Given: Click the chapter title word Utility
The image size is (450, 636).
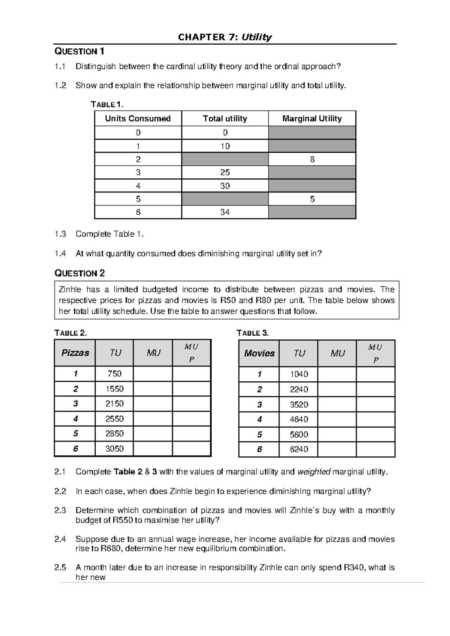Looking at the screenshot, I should [x=256, y=37].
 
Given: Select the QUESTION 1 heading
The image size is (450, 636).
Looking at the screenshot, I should [x=79, y=51].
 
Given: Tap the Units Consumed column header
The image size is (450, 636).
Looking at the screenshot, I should [x=138, y=118].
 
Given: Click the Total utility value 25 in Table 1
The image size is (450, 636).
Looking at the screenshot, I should [x=225, y=172].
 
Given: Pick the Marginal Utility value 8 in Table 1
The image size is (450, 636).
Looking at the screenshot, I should [x=312, y=159].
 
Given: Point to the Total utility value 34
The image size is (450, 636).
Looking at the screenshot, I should [x=225, y=212].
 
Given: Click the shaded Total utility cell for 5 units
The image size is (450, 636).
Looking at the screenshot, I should [x=225, y=199].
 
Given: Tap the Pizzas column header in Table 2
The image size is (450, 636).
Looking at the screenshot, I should [x=75, y=353].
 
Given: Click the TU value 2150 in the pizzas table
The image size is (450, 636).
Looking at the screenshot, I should [x=114, y=404].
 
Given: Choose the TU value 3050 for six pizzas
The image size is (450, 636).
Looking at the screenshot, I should [x=114, y=449].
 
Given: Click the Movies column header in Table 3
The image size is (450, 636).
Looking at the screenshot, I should [x=259, y=353].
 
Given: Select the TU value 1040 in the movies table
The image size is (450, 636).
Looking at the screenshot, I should [x=299, y=374].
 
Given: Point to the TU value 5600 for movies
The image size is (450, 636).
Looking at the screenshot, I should [x=299, y=435].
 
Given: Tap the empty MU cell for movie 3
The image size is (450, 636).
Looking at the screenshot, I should [x=337, y=405].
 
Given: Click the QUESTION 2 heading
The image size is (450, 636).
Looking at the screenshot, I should [x=80, y=273].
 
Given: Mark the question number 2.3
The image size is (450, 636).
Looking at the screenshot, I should [x=60, y=510].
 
